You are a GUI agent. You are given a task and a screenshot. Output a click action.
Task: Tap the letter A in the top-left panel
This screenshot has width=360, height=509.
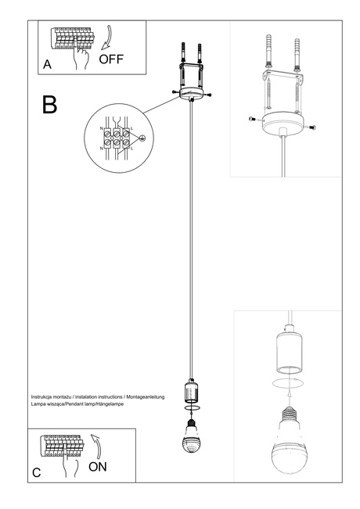[x=48, y=66]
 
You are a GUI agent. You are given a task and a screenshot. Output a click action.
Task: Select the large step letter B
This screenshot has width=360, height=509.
[x=49, y=105]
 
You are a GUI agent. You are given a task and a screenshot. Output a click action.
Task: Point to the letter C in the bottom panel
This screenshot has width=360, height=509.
[x=37, y=473]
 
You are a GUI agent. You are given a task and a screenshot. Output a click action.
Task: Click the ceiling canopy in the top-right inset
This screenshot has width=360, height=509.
[x=283, y=121]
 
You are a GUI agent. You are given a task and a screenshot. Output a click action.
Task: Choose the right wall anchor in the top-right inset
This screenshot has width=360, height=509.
[x=298, y=56]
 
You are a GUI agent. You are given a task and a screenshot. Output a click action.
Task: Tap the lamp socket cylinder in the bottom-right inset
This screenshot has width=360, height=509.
[x=287, y=353]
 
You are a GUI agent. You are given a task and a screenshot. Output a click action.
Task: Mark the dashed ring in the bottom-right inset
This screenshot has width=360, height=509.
[x=288, y=384]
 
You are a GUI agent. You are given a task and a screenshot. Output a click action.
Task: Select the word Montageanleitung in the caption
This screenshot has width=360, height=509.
[x=146, y=398]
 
